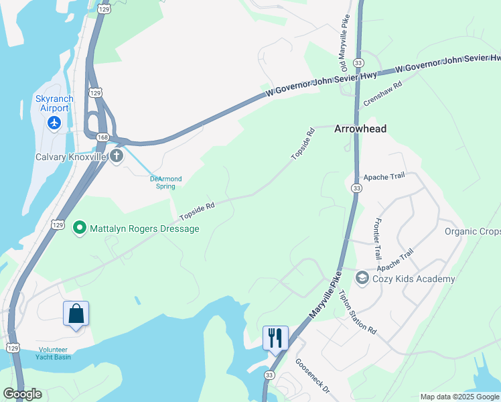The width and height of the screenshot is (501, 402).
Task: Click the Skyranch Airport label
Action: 54,103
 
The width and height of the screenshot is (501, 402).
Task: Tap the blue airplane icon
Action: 54,123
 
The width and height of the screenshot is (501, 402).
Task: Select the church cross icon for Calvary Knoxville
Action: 117,157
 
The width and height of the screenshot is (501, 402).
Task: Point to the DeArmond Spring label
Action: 165,182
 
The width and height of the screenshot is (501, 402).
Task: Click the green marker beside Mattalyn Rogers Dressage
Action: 80,228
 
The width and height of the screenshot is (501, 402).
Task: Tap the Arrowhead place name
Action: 360,129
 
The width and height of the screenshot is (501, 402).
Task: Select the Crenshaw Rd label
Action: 382,94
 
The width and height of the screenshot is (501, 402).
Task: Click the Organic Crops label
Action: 472,231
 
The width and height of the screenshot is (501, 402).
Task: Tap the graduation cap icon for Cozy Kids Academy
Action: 362,278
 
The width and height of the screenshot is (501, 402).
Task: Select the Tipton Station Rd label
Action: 358,312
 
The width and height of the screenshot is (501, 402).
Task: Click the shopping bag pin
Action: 76,313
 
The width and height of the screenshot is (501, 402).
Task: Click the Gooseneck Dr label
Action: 313,377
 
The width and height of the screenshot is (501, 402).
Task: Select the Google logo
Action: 22,394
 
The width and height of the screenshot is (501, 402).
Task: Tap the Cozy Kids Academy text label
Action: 413,279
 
